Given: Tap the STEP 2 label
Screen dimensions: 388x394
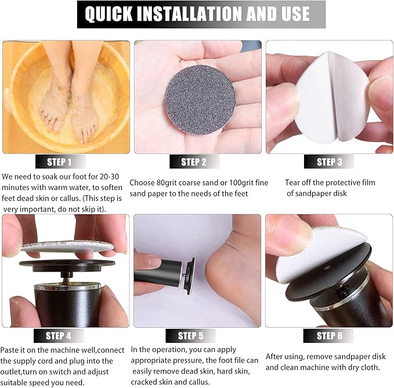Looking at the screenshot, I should coord(193,162).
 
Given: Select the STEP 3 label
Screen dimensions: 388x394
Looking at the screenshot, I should coord(329,162).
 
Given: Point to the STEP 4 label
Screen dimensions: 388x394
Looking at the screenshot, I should coord(58,335).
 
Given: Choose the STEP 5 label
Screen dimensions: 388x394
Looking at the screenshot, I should coord(190,336).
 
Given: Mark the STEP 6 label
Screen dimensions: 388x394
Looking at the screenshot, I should coord(329,335).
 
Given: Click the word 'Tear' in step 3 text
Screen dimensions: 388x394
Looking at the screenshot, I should coord(293,182).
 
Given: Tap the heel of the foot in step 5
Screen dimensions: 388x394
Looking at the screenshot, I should coord(223,272).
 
